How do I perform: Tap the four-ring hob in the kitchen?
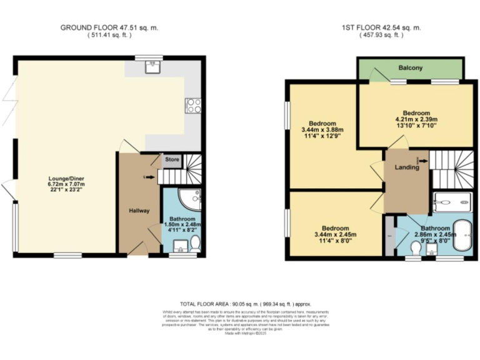(192, 106)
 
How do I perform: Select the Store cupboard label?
(172, 160)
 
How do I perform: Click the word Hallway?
(139, 211)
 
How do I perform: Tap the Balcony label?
(410, 67)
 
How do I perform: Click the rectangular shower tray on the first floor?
(453, 202)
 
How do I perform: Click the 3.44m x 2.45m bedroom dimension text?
(335, 235)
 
